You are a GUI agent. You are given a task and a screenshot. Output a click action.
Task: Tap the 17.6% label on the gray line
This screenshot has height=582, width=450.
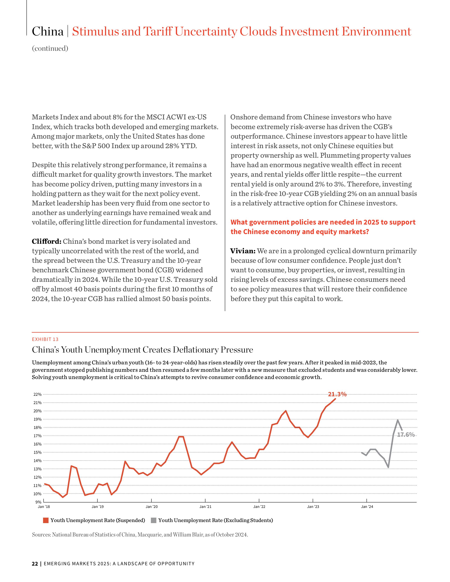(x=406, y=435)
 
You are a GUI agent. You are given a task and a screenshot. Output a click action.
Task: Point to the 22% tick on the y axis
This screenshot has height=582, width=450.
(x=37, y=394)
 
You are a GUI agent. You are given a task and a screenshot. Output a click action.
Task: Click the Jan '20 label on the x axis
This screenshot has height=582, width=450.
(x=151, y=507)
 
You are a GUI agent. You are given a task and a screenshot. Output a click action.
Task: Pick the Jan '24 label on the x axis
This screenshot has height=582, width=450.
(x=367, y=507)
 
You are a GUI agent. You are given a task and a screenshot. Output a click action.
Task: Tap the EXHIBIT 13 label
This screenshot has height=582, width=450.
(x=45, y=339)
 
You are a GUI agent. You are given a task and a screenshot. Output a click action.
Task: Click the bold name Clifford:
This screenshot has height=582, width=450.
(x=47, y=241)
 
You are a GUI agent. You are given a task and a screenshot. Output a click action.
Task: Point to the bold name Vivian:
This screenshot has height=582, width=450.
(x=243, y=251)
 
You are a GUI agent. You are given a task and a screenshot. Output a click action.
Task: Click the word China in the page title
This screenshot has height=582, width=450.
(x=48, y=31)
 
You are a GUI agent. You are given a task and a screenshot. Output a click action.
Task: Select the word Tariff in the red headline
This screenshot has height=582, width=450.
(x=158, y=31)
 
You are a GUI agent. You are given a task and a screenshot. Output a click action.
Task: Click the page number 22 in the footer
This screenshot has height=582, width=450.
(x=35, y=564)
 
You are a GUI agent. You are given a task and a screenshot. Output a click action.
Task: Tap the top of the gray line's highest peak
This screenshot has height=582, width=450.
(x=397, y=420)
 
